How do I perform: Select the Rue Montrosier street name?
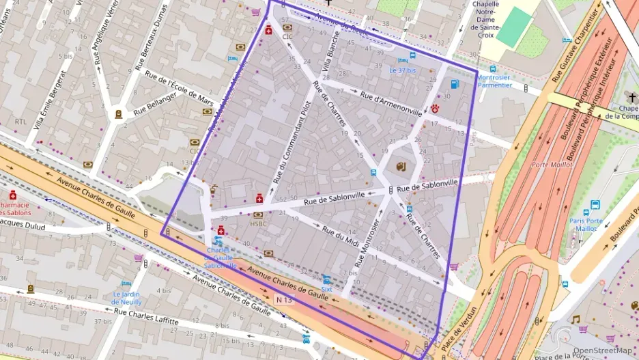pos(368,243)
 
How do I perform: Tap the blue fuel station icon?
pos(455,84)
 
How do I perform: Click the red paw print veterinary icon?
pos(435,109)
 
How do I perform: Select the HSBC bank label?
pos(258,223)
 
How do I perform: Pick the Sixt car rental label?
pos(326,289)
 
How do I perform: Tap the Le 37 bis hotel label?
pos(402,70)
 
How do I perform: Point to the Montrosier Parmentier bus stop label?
pos(494,81)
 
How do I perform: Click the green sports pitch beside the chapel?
pos(514,27)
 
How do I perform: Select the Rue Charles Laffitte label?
pos(146,316)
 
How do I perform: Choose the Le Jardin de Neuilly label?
pos(127,297)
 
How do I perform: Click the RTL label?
pos(20,122)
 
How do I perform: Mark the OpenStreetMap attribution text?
pos(602,350)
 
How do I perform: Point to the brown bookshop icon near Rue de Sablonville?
pos(401,166)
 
